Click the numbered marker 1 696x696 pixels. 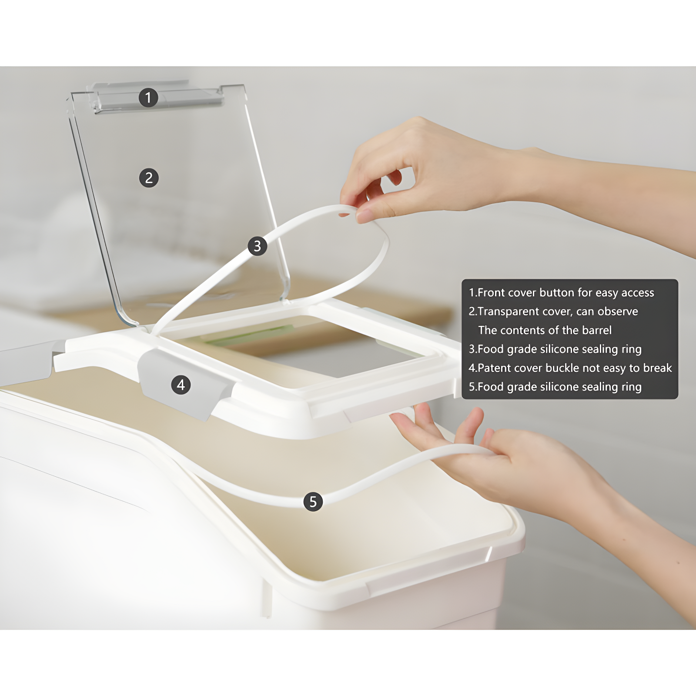pos(148,97)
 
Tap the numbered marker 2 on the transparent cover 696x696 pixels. pos(149,178)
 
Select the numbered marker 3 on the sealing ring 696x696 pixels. pos(257,246)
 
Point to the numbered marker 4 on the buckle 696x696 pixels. pos(181,385)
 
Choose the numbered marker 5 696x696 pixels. pos(313,502)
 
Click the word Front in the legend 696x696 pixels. pos(492,293)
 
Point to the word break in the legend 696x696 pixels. pos(658,368)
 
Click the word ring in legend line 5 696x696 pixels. pos(631,388)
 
